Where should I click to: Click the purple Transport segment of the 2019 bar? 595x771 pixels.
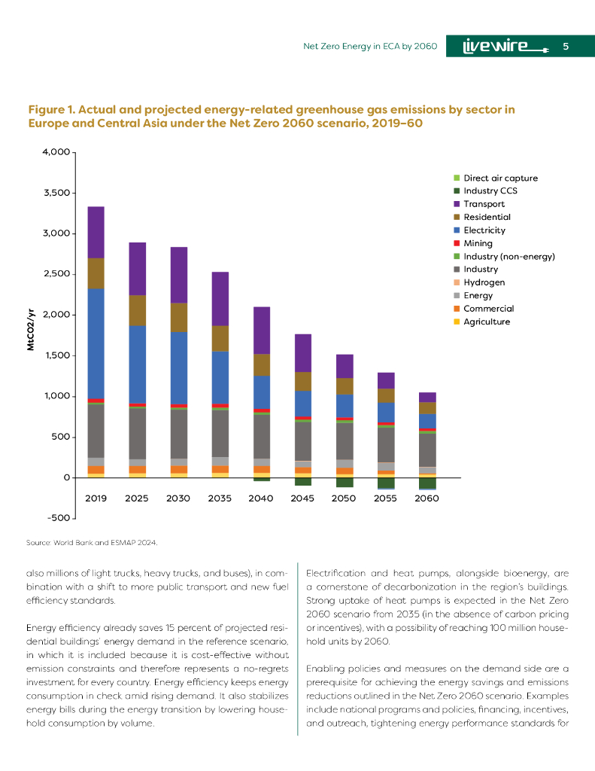96,233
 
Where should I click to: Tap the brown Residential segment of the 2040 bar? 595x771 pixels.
262,365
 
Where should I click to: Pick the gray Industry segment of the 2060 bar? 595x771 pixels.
427,450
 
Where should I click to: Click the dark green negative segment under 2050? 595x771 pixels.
345,483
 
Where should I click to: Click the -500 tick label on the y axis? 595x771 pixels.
59,519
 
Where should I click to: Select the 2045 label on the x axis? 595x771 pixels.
303,498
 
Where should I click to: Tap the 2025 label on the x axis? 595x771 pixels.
137,498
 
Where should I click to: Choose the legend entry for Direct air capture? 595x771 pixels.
500,178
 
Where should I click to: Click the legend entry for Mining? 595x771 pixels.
478,243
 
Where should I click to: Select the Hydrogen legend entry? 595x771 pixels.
484,282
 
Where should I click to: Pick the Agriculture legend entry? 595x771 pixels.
487,322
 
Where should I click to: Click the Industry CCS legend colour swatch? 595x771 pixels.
456,191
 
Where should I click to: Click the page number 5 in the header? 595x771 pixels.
566,47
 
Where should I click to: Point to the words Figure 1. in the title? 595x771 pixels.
50,110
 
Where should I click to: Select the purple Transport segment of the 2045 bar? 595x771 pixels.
303,353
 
